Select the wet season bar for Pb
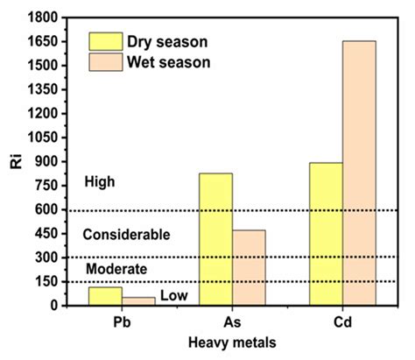point(138,301)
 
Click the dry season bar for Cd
point(326,234)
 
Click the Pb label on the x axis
point(122,322)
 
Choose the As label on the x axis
point(233,322)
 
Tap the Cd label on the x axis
point(343,322)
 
